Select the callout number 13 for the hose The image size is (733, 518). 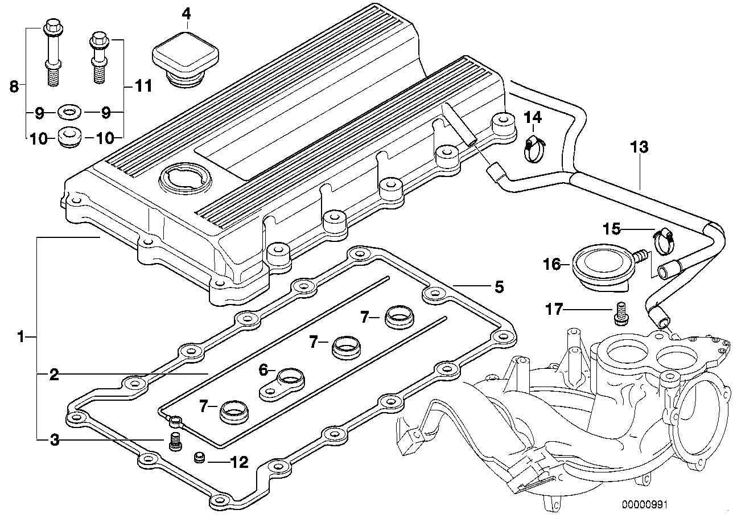639,147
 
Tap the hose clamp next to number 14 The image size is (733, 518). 534,149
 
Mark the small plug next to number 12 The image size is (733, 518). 200,457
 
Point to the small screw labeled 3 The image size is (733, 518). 175,442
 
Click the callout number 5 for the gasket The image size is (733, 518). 499,287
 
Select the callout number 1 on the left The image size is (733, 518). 20,338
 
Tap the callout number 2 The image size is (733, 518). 53,375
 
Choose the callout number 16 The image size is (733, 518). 552,264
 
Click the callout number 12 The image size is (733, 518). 238,462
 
